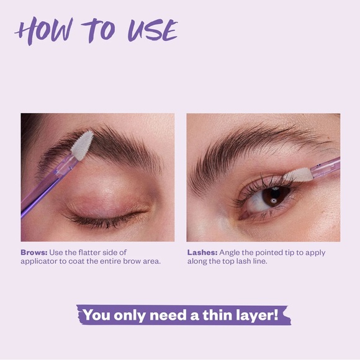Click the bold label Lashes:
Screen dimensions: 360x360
(x=202, y=253)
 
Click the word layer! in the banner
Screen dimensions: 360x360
(x=259, y=315)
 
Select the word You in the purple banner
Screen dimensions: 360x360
(x=96, y=315)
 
